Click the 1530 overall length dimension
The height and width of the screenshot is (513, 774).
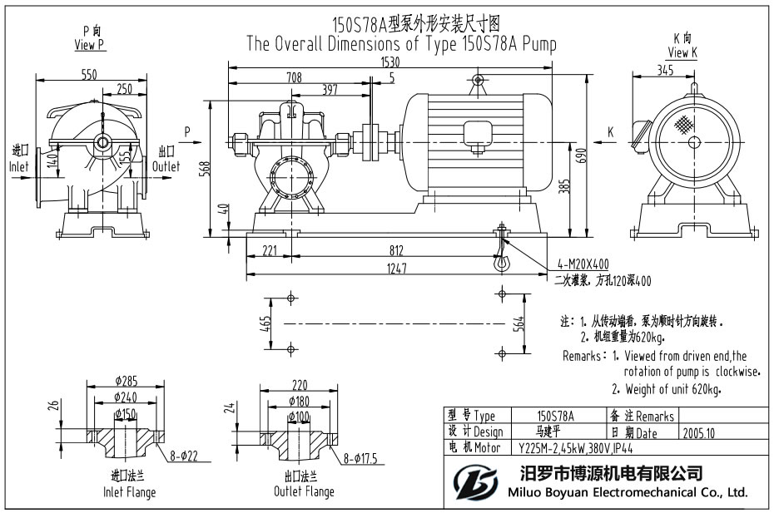[391, 62]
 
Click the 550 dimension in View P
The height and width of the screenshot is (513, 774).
[89, 74]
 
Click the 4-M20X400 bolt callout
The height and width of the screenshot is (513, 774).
[588, 264]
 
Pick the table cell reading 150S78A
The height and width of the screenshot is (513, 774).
[556, 416]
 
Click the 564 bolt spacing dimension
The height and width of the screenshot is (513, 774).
[519, 323]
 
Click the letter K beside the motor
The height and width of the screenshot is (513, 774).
[610, 131]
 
